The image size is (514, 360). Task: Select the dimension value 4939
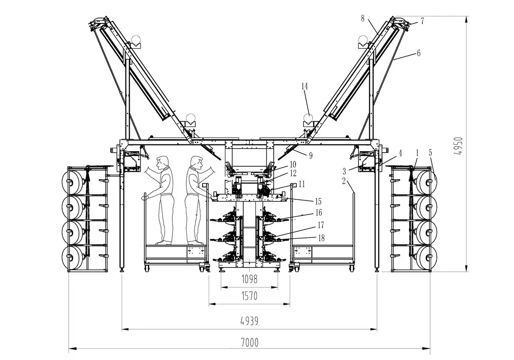[x=249, y=321]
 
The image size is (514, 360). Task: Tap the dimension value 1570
[x=249, y=296]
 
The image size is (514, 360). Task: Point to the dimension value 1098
[x=249, y=279]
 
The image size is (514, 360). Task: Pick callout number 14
[x=305, y=86]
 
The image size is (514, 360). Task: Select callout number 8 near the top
[x=363, y=19]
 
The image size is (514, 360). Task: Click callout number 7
[x=422, y=20]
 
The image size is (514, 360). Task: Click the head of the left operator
[x=162, y=162]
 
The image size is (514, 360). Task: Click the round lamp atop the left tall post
[x=136, y=41]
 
